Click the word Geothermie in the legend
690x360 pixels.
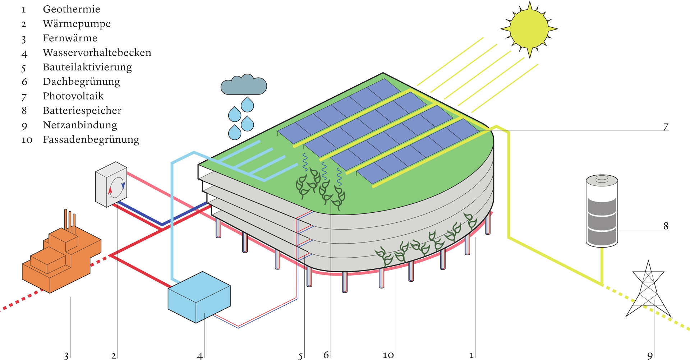click(x=71, y=9)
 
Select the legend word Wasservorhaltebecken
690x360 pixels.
click(x=97, y=52)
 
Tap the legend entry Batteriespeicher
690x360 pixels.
click(x=82, y=110)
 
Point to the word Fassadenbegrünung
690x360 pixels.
click(x=91, y=139)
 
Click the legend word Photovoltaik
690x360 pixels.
click(x=73, y=96)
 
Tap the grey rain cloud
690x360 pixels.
click(x=243, y=85)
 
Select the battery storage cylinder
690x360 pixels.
click(x=602, y=211)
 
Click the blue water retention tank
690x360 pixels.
click(x=199, y=296)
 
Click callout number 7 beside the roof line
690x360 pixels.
click(x=666, y=127)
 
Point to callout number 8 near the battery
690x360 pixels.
click(x=666, y=226)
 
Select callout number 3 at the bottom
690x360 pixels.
click(x=66, y=356)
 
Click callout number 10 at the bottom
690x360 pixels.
click(x=388, y=355)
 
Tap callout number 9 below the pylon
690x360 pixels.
click(x=650, y=356)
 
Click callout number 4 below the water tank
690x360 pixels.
click(x=200, y=356)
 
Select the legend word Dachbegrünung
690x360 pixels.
click(x=81, y=82)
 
